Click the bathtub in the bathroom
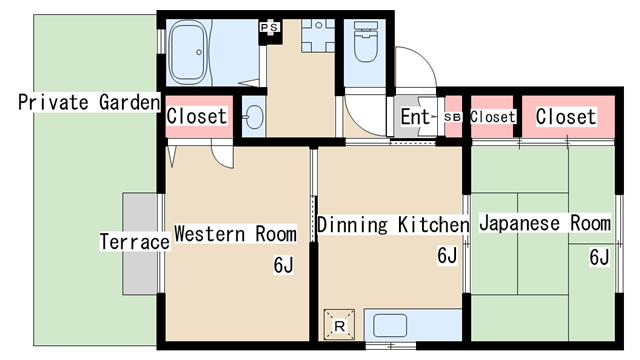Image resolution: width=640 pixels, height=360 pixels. [x=188, y=52]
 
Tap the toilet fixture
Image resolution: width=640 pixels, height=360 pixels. [x=365, y=42]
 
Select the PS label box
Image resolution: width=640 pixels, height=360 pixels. [x=269, y=28]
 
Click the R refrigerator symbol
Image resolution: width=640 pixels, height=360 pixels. [x=339, y=325]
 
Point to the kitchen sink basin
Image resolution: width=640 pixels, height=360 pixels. [x=391, y=325]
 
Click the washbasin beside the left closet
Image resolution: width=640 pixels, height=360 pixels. [x=254, y=117]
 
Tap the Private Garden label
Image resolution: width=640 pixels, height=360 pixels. [x=89, y=102]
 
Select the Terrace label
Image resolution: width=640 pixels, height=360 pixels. [x=135, y=242]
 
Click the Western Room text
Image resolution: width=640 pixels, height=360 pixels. [x=236, y=234]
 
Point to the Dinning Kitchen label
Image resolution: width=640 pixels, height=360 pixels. [x=393, y=225]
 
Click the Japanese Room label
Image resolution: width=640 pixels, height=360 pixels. [x=545, y=223]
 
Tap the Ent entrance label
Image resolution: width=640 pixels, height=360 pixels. [x=415, y=117]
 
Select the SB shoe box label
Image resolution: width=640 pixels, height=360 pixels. [x=452, y=117]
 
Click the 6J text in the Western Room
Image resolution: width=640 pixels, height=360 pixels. [x=284, y=265]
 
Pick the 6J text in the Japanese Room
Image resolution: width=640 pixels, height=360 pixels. [x=599, y=258]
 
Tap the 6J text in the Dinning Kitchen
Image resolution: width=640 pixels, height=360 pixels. [x=447, y=256]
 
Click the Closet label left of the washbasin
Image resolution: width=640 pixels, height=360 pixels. [x=197, y=116]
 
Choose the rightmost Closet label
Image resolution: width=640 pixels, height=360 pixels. [x=566, y=117]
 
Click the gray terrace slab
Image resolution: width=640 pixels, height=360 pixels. [x=140, y=244]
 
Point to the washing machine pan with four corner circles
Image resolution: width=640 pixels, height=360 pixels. [x=318, y=36]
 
